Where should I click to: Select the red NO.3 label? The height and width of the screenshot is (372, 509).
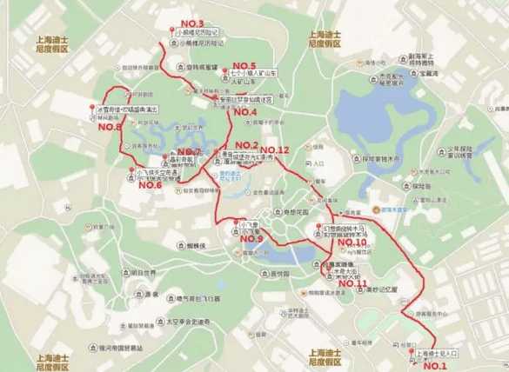click(190, 23)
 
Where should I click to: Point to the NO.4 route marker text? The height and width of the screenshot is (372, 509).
click(243, 112)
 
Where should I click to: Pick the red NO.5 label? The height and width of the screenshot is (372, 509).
click(240, 66)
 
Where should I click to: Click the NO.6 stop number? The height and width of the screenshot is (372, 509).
click(151, 184)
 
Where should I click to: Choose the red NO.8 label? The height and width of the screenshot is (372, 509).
click(111, 127)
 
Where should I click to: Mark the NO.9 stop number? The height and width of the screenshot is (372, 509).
click(249, 238)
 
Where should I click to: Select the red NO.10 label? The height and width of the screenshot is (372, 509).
click(352, 242)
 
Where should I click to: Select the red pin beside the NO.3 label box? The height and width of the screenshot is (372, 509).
click(171, 32)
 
